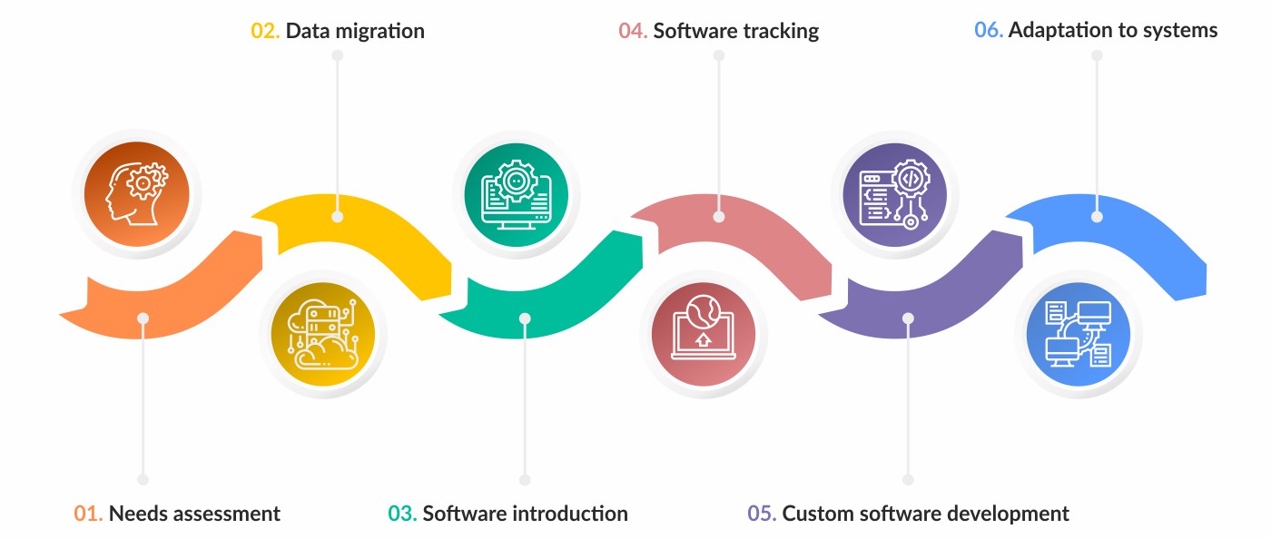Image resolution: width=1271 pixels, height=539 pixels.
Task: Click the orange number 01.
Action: [x=88, y=514]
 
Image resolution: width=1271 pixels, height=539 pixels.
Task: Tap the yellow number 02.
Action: [x=265, y=31]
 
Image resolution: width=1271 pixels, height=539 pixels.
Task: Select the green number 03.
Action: [x=402, y=514]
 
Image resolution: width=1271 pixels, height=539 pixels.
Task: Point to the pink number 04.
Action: [x=633, y=31]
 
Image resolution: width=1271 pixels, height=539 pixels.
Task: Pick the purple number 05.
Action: [x=762, y=514]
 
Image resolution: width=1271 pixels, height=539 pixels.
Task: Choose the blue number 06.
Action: [x=988, y=31]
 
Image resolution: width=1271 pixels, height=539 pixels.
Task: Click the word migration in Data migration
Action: [x=378, y=31]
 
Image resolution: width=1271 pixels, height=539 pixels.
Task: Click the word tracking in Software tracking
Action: [x=779, y=31]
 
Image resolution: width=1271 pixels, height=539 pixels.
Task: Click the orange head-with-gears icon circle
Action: [x=137, y=193]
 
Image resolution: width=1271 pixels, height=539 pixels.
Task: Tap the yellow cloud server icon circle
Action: [x=323, y=333]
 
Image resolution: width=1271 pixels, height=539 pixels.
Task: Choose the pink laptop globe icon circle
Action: [x=704, y=333]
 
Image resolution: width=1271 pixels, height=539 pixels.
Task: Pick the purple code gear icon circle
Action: [x=895, y=193]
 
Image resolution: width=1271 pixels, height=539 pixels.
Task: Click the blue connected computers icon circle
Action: [x=1079, y=333]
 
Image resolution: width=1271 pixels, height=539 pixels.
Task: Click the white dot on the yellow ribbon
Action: [x=338, y=217]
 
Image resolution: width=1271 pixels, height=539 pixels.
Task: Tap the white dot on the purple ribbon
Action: [x=908, y=318]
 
